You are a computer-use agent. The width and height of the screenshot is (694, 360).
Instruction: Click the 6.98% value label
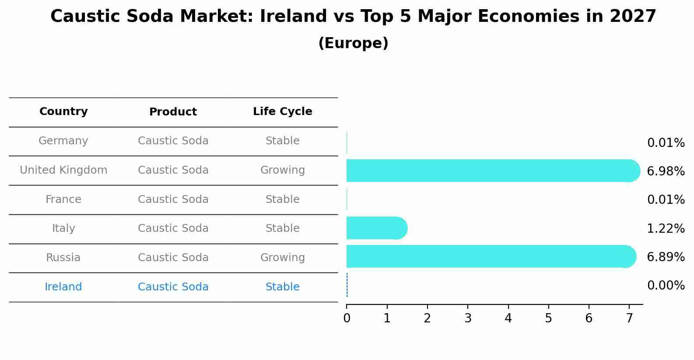(x=666, y=171)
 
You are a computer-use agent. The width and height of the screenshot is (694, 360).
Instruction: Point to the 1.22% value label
(x=666, y=228)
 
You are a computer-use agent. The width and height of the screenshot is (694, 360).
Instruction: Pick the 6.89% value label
(x=666, y=257)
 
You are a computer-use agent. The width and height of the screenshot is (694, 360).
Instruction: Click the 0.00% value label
(x=666, y=286)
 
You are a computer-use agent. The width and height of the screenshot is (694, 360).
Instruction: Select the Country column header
(x=63, y=112)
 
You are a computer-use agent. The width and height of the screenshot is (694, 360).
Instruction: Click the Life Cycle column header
(x=282, y=112)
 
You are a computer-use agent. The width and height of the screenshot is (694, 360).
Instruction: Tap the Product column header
(x=173, y=112)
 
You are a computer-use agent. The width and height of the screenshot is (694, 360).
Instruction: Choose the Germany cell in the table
(x=63, y=141)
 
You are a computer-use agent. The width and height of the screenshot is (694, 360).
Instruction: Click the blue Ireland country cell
(x=63, y=287)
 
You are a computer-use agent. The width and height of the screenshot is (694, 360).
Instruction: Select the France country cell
(x=63, y=199)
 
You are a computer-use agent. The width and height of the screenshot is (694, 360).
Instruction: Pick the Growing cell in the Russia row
(x=282, y=258)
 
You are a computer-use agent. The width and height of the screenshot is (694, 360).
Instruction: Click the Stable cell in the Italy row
(x=282, y=228)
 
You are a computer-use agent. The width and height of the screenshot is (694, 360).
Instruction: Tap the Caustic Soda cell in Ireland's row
(x=173, y=287)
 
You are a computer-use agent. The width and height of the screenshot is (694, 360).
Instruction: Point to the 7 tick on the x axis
(x=629, y=318)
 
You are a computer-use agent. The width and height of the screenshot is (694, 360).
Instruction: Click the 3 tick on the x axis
(x=468, y=318)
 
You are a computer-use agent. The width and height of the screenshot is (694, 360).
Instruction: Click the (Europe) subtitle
(x=353, y=43)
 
